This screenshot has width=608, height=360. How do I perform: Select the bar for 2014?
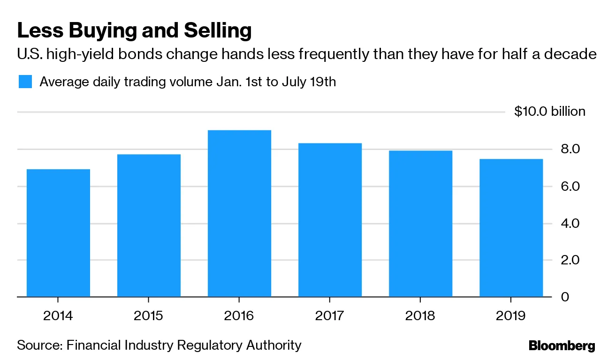point(58,233)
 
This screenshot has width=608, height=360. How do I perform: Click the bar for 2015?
point(149,225)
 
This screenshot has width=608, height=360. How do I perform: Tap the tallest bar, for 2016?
point(239,213)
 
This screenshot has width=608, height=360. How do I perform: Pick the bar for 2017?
point(330,220)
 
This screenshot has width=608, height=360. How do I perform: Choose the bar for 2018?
point(420,224)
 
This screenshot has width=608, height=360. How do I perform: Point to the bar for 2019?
point(511,228)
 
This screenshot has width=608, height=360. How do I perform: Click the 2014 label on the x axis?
point(58,315)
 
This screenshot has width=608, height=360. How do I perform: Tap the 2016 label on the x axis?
point(239,315)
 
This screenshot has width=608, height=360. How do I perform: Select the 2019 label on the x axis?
point(511,315)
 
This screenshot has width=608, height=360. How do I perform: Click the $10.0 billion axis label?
point(550,112)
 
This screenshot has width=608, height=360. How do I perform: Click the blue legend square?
point(25,82)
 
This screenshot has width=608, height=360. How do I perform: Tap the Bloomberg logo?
point(562,346)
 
